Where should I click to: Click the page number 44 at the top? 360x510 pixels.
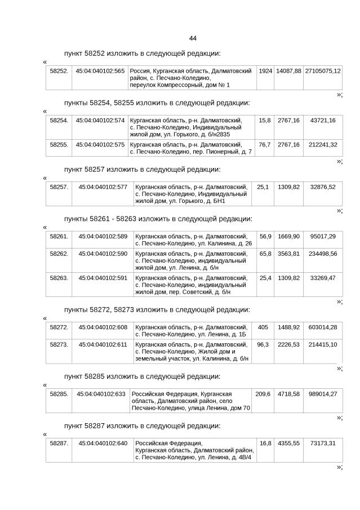click(x=193, y=38)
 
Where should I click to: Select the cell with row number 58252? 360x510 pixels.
click(x=59, y=72)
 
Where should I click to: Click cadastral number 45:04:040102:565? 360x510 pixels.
click(x=100, y=72)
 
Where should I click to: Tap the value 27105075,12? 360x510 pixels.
click(x=322, y=72)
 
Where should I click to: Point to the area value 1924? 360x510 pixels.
click(x=265, y=72)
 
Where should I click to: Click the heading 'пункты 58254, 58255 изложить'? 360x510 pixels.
click(x=157, y=103)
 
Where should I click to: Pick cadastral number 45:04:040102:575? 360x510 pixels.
click(x=100, y=145)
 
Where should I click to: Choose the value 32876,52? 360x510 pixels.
click(x=323, y=187)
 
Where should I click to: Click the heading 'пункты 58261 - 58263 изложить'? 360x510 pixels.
click(x=158, y=219)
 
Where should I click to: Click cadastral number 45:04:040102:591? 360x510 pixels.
click(x=103, y=278)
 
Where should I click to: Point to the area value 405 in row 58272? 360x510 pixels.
click(x=263, y=327)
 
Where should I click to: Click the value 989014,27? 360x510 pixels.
click(x=323, y=393)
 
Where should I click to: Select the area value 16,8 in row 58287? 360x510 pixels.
click(x=264, y=443)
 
